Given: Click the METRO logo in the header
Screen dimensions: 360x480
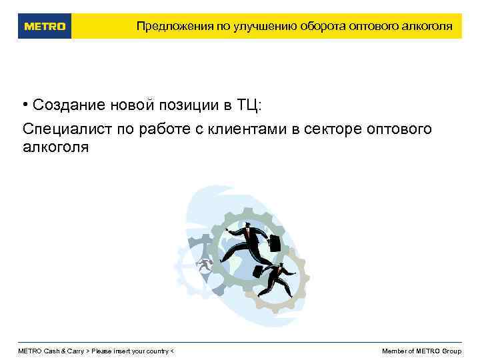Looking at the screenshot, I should click(45, 27).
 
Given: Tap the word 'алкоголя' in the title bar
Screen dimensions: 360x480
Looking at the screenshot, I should click(428, 27).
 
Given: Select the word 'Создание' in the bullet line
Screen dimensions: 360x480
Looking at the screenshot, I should click(63, 105).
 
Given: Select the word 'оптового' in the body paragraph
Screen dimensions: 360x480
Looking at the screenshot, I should click(399, 128).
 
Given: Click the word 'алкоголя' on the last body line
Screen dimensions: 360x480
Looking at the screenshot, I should click(55, 147).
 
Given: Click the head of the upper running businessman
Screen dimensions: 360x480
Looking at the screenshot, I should click(247, 226).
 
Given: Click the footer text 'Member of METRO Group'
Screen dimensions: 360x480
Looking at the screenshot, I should click(421, 351).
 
